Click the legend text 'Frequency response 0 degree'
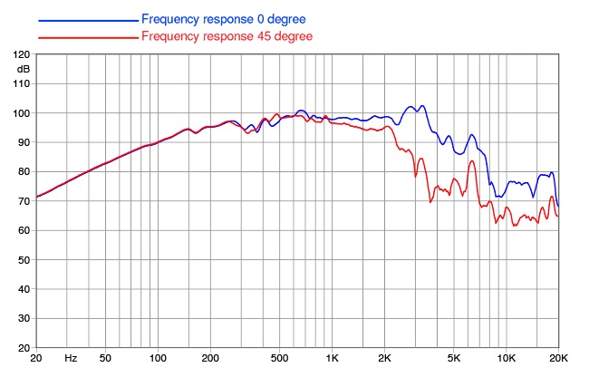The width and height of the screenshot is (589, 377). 224,19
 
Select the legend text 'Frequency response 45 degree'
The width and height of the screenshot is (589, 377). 227,36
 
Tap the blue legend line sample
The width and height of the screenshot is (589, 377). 88,21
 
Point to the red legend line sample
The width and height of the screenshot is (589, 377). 88,37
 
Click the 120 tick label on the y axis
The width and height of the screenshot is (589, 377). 22,54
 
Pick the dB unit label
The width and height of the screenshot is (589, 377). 24,70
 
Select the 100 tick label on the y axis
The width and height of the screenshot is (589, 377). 22,113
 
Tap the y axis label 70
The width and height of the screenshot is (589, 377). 24,201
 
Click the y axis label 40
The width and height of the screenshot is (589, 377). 24,289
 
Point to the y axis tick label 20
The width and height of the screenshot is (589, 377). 24,348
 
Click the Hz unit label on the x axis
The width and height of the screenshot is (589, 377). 71,358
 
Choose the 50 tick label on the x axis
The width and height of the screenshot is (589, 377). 105,358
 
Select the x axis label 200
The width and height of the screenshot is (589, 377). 210,358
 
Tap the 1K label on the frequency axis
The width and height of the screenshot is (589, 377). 332,358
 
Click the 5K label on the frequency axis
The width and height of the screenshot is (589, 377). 454,358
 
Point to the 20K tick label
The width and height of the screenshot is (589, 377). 558,358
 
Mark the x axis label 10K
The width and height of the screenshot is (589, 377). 506,358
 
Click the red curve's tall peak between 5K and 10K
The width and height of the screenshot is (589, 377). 472,161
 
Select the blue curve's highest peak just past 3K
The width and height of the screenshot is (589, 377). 422,106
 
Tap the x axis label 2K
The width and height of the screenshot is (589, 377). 384,358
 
